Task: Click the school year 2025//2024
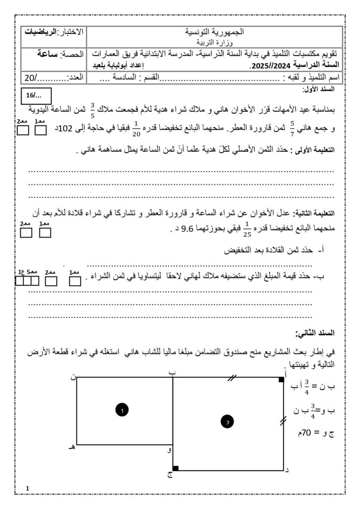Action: [x=266, y=65]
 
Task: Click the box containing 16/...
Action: [x=34, y=95]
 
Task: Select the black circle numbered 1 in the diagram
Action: [x=122, y=410]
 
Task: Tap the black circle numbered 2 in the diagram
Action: [x=227, y=422]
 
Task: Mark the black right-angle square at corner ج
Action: [x=176, y=468]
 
